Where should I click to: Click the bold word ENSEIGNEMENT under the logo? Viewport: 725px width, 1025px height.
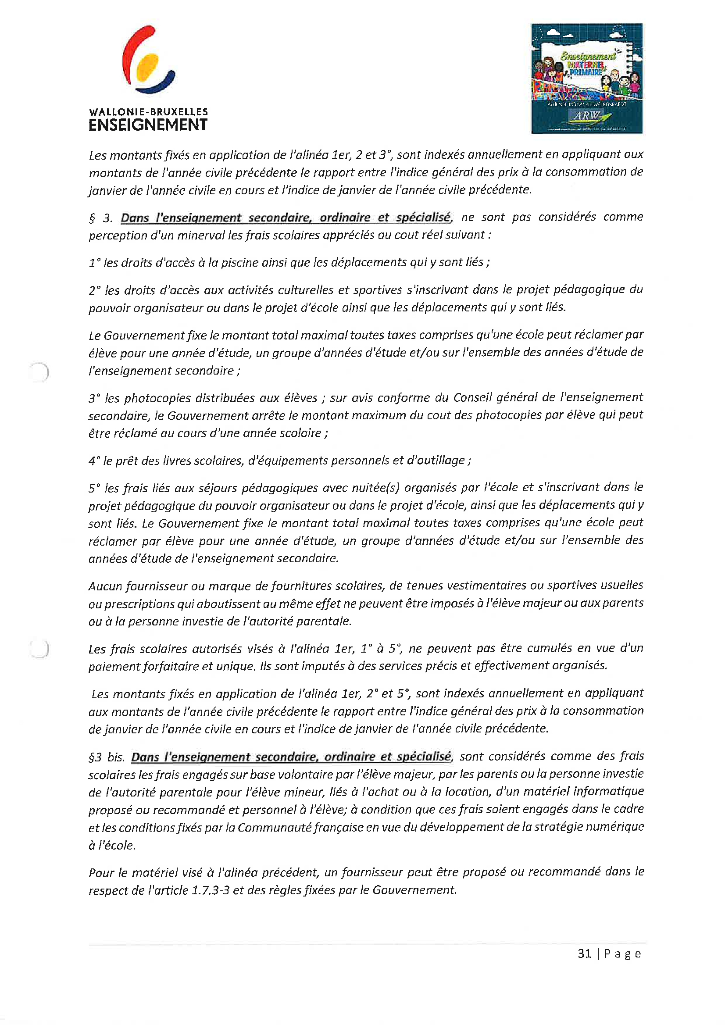148,125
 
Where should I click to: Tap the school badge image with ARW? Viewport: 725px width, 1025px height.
586,79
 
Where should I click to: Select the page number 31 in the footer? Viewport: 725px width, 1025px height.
584,954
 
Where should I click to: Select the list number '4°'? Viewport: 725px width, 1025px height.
94,461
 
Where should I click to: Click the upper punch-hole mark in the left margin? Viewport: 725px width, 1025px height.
39,372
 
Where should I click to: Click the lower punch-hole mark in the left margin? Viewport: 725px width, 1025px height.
39,649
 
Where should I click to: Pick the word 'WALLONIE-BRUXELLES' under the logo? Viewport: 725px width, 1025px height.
148,111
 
